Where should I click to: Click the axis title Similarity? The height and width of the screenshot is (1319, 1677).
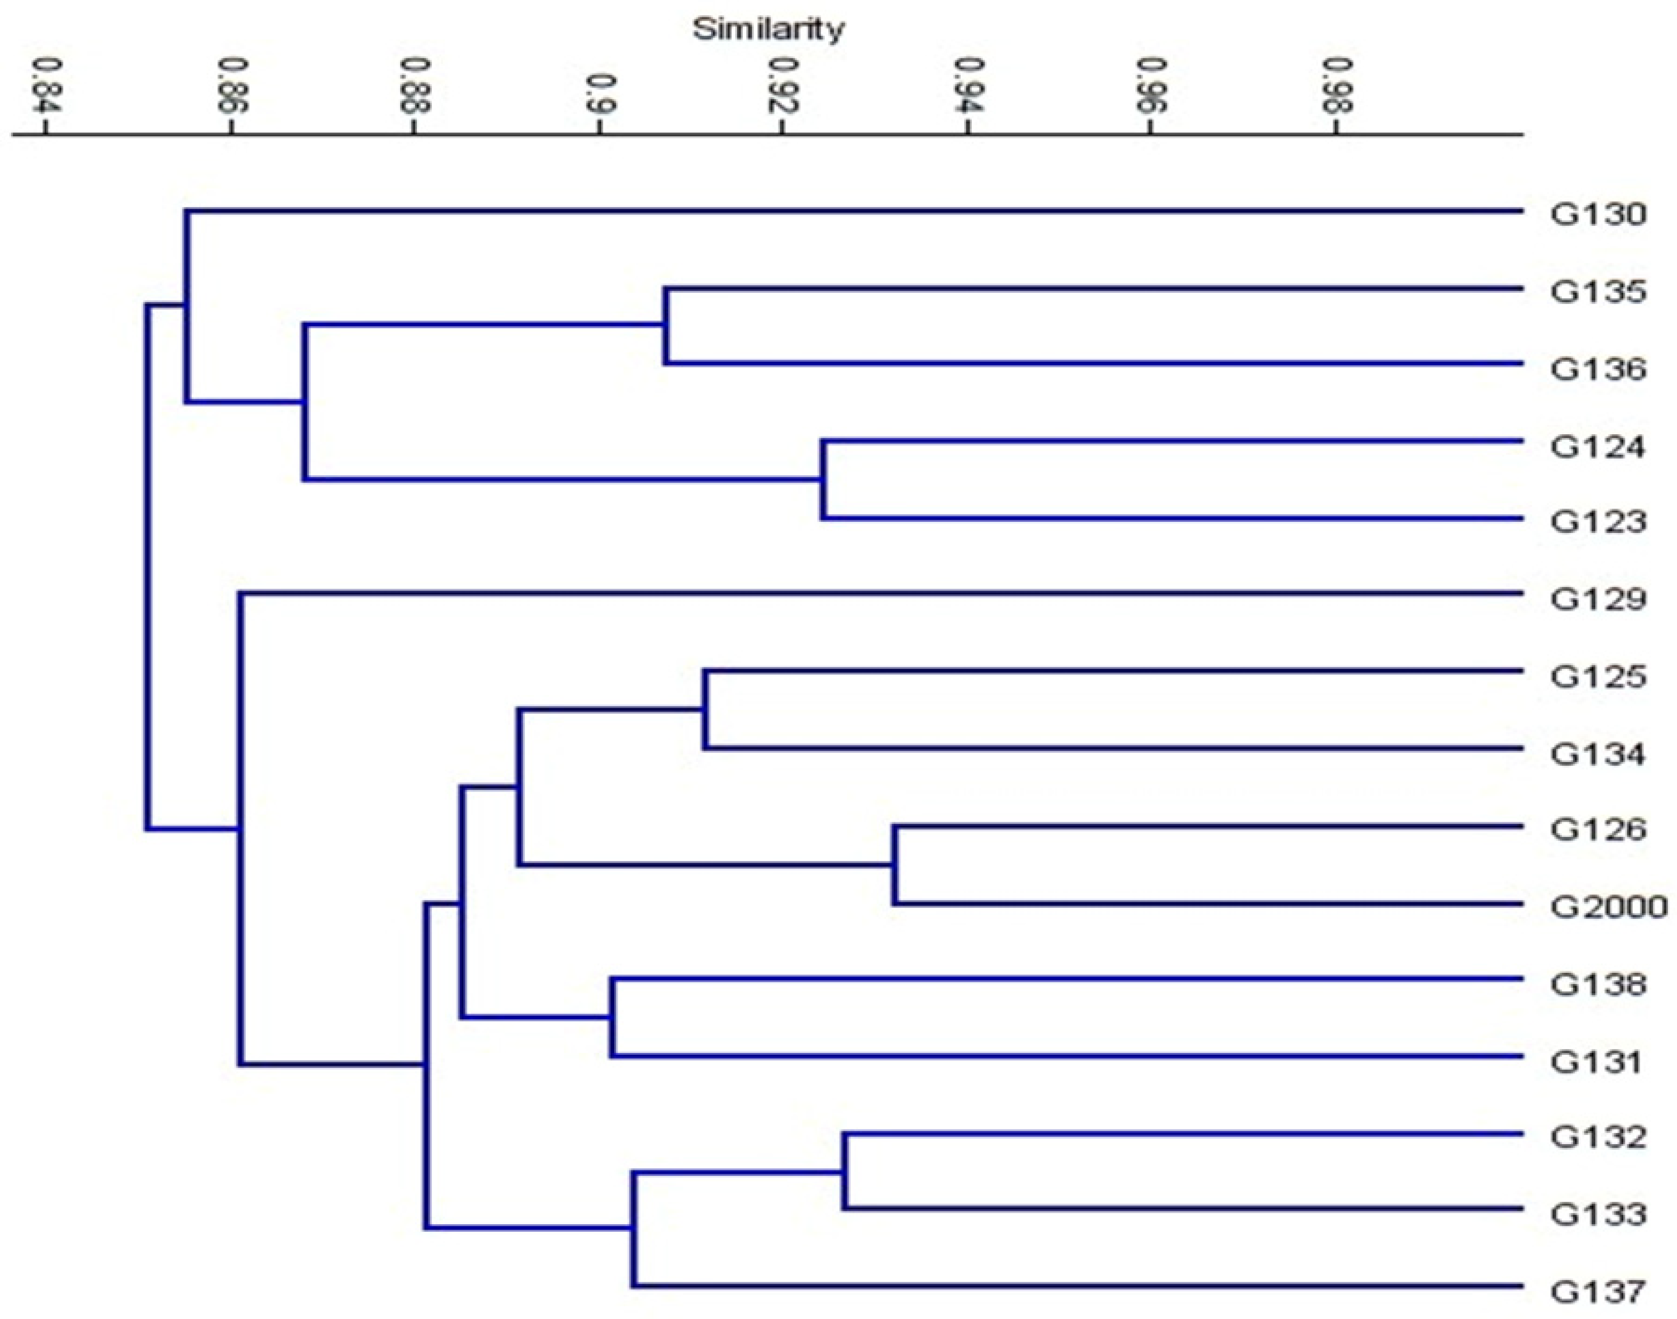(x=768, y=29)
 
